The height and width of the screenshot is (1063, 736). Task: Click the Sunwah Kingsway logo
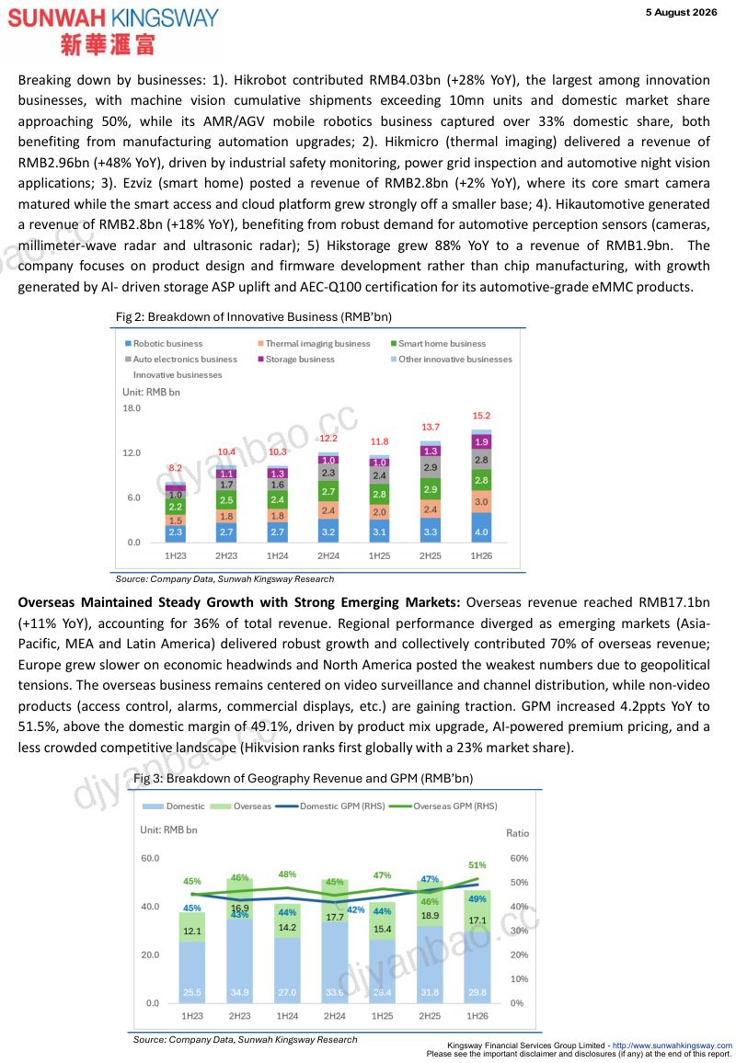(113, 31)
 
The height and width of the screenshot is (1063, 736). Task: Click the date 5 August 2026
(681, 12)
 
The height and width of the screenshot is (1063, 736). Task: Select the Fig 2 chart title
(254, 316)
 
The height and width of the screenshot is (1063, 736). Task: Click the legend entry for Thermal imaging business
(314, 344)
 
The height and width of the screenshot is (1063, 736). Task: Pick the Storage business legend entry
(296, 360)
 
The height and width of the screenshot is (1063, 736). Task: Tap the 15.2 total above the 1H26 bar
(481, 416)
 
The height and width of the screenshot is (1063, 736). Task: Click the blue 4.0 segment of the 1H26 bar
(481, 528)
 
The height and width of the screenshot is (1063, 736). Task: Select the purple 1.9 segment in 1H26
(481, 441)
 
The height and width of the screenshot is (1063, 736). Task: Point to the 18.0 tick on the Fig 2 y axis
(132, 408)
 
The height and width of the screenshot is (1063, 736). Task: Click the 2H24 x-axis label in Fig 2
(328, 556)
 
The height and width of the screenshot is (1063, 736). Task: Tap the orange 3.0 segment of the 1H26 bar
(481, 502)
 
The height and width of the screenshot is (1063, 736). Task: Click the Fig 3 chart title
(304, 778)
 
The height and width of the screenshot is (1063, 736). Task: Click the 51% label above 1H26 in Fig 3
(477, 865)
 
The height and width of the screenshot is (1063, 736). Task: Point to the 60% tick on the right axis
(519, 858)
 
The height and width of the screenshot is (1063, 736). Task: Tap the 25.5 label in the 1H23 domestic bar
(192, 992)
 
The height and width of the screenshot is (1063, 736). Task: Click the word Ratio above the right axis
(518, 833)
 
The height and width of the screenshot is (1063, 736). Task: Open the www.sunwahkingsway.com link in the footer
(673, 1046)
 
